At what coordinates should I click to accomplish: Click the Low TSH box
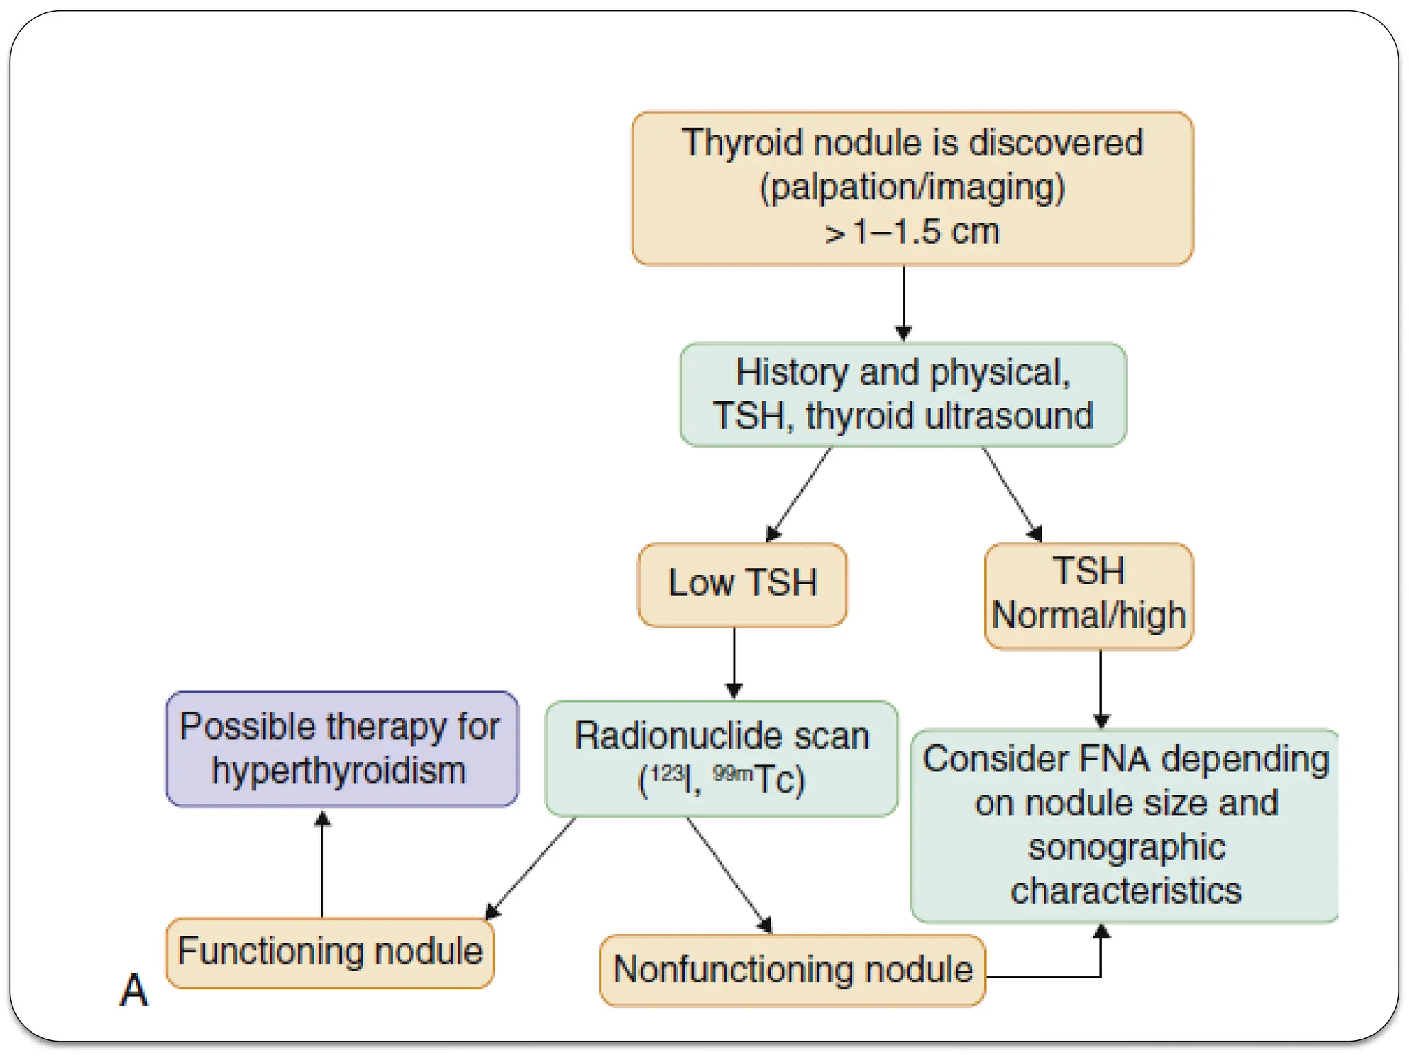742,584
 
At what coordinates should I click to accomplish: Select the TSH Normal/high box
1088,595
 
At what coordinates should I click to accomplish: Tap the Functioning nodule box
330,952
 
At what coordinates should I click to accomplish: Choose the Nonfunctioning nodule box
793,970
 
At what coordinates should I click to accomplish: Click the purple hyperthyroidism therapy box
341,749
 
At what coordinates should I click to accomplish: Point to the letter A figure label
133,991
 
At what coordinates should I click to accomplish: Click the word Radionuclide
678,736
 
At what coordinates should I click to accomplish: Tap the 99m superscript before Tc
732,773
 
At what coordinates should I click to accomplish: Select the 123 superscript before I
667,773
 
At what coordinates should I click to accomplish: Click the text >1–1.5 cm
912,232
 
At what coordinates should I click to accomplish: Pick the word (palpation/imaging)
912,188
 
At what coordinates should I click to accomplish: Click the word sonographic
1126,847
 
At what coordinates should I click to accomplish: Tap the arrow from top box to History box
903,302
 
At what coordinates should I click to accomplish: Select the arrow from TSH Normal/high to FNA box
1101,687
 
